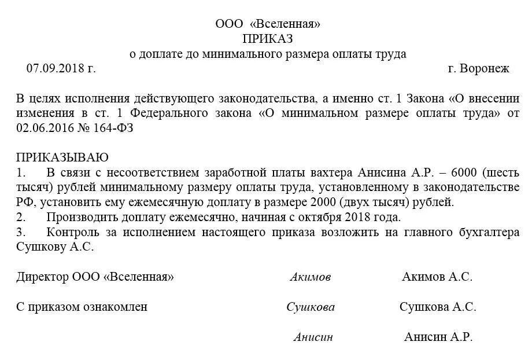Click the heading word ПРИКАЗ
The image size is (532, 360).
268,39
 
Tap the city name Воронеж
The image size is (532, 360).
485,68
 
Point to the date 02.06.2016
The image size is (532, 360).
42,128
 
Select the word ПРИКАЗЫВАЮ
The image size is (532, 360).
62,157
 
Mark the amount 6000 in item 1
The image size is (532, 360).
459,172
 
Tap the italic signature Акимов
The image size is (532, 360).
311,277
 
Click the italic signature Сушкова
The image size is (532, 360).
311,307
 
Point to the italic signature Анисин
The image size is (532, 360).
313,337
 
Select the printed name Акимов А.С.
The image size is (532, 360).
437,277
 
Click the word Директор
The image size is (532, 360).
42,277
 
